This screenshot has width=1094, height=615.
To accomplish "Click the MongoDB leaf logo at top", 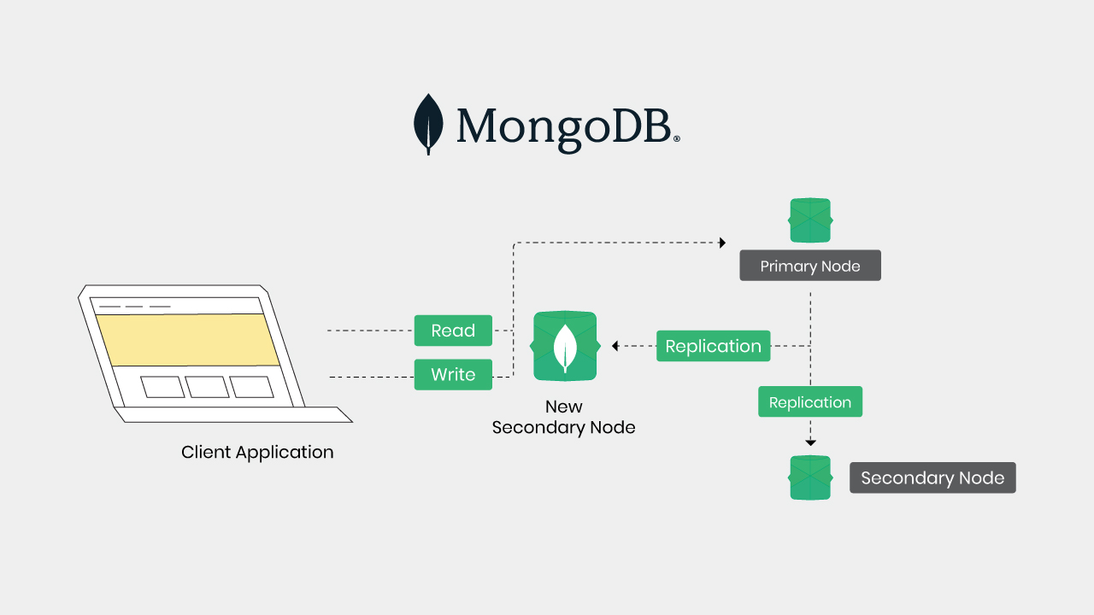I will [428, 124].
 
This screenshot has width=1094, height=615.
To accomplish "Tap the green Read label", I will [453, 331].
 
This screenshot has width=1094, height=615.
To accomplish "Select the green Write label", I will [453, 374].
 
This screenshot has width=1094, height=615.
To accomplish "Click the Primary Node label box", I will [810, 266].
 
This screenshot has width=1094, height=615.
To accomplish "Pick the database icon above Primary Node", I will [810, 220].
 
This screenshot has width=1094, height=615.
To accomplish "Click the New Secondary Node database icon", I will [564, 346].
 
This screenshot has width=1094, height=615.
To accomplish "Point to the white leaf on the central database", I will [564, 346].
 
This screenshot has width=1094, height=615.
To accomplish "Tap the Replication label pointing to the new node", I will [713, 346].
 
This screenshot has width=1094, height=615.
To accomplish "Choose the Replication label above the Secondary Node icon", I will [810, 402].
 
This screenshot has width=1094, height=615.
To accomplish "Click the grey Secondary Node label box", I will [932, 477].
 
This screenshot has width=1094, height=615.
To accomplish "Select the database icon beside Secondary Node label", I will [810, 477].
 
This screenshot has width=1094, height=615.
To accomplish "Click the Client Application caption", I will [257, 452].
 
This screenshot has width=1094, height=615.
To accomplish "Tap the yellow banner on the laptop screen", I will [188, 339].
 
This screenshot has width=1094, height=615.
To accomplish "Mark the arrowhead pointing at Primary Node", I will [722, 243].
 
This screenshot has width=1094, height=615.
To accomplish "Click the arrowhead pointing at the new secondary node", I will [615, 346].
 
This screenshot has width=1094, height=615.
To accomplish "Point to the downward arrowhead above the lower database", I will [810, 442].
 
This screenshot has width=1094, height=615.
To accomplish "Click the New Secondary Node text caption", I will [564, 417].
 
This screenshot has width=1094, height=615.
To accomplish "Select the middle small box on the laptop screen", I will [208, 387].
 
